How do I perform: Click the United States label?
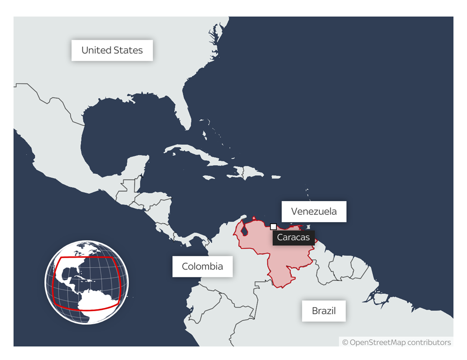pyautogui.click(x=112, y=50)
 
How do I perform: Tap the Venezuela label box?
pyautogui.click(x=314, y=211)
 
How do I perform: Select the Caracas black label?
pyautogui.click(x=293, y=237)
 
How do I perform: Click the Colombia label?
pyautogui.click(x=202, y=266)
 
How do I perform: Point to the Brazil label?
pyautogui.click(x=323, y=311)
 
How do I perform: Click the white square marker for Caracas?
pyautogui.click(x=273, y=226)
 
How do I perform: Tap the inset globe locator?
pyautogui.click(x=86, y=282)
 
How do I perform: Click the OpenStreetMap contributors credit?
pyautogui.click(x=396, y=342)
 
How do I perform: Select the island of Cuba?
pyautogui.click(x=196, y=155)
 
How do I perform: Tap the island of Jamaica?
pyautogui.click(x=208, y=177)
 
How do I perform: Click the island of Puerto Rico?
pyautogui.click(x=275, y=176)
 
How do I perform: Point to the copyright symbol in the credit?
pyautogui.click(x=345, y=342)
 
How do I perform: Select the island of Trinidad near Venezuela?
pyautogui.click(x=309, y=227)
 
